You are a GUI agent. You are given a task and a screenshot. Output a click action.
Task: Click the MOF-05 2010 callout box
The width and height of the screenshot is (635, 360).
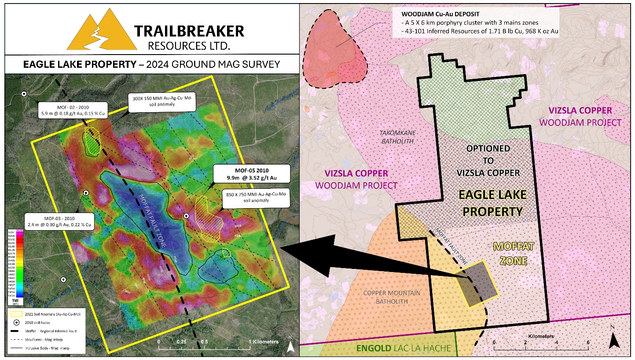point(251,174)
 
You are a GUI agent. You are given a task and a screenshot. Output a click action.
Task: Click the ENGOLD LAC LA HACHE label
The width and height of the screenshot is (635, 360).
point(403,349)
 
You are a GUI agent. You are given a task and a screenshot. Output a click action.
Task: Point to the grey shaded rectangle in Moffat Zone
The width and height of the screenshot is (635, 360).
point(477,284)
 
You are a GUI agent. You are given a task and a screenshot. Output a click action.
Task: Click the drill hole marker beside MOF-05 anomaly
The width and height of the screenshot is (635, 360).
point(187,216)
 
